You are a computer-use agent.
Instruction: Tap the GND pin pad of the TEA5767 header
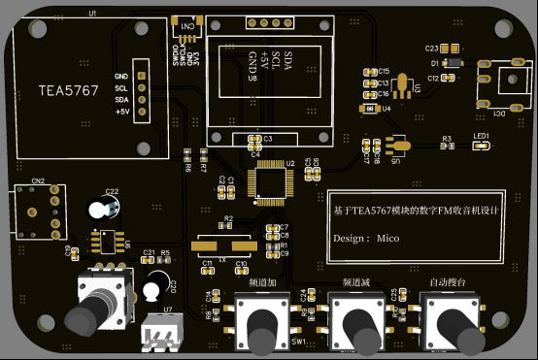pos(140,76)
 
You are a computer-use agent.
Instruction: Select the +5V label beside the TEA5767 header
pos(122,112)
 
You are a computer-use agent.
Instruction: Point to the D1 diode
pos(450,63)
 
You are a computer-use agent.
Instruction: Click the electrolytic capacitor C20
pos(154,288)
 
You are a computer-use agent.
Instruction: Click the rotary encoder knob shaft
pos(84,317)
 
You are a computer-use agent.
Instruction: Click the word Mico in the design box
pos(388,238)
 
